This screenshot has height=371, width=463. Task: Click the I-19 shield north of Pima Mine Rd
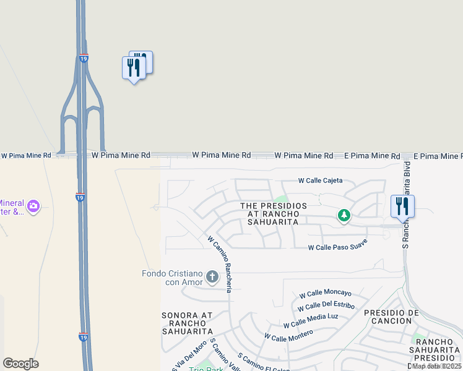pyautogui.click(x=84, y=58)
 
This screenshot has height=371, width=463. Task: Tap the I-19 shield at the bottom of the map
pyautogui.click(x=83, y=337)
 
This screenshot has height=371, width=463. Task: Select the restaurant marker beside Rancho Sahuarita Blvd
pyautogui.click(x=402, y=207)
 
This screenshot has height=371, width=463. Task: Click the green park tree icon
pyautogui.click(x=344, y=216)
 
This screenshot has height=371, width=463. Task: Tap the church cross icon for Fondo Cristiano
pyautogui.click(x=212, y=276)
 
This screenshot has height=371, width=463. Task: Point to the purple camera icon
pyautogui.click(x=33, y=206)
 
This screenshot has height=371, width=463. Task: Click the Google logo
pyautogui.click(x=20, y=364)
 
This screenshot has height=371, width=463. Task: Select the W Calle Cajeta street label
pyautogui.click(x=320, y=181)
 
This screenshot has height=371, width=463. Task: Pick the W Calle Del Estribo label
pyautogui.click(x=326, y=306)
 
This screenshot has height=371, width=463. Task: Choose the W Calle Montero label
pyautogui.click(x=288, y=335)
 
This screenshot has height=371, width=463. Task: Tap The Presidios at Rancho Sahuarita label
pyautogui.click(x=273, y=213)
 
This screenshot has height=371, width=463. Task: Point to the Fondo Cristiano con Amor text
pyautogui.click(x=173, y=278)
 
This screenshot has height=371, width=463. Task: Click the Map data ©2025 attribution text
pyautogui.click(x=436, y=366)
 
